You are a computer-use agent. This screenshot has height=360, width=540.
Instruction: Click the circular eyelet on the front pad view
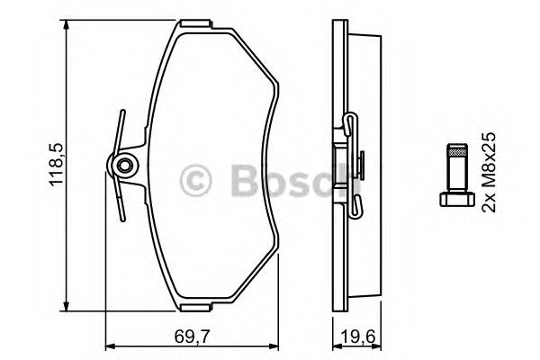122,166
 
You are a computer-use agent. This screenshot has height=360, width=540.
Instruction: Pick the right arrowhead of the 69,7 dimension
277,346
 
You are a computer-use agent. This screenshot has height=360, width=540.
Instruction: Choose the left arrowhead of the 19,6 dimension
334,346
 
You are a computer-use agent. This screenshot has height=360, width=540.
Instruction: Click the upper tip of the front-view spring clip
119,113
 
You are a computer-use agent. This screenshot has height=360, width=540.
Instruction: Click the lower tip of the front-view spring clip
121,217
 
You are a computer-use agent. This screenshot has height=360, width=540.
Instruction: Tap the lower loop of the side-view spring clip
354,210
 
